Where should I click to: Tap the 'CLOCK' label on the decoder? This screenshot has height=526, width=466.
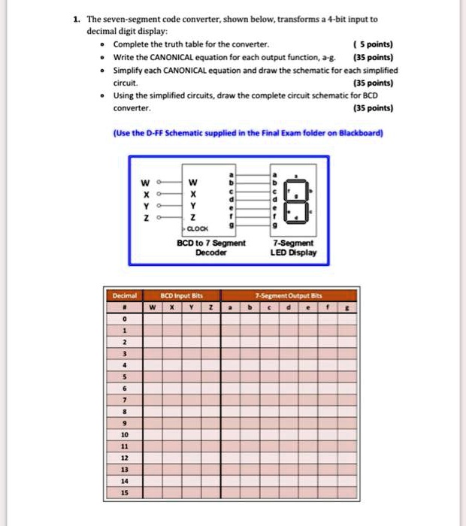(x=197, y=226)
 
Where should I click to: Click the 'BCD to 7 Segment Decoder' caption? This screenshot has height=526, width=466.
(x=210, y=248)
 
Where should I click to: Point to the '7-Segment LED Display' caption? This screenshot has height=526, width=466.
(x=294, y=248)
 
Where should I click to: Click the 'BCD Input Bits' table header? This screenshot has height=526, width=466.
(x=183, y=295)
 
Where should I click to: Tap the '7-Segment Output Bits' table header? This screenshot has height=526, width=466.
(x=287, y=295)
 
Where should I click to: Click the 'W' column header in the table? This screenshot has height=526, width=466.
(x=153, y=307)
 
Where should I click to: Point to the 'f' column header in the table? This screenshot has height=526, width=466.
(x=328, y=307)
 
